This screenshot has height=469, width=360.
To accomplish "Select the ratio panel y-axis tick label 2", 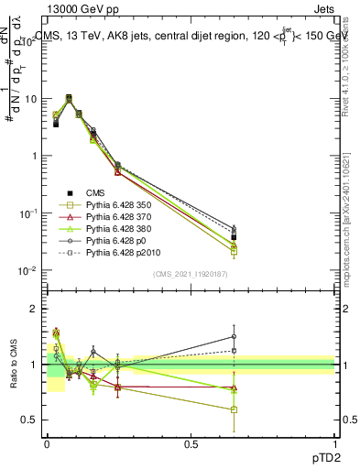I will click(x=35, y=309).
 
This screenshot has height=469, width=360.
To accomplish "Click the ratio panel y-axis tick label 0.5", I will click(x=30, y=420).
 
